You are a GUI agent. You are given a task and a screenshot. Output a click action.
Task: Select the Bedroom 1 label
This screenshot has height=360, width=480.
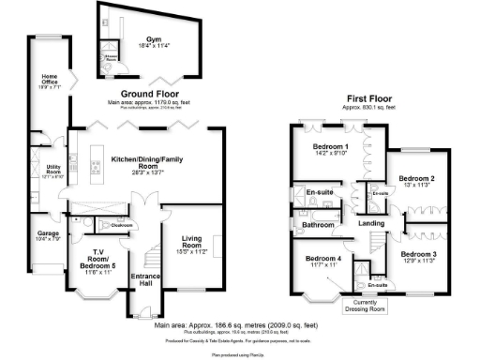332,148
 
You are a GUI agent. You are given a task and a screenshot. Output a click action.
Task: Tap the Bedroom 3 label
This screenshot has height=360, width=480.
418,253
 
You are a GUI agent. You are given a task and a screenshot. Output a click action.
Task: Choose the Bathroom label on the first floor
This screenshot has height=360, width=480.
312,225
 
